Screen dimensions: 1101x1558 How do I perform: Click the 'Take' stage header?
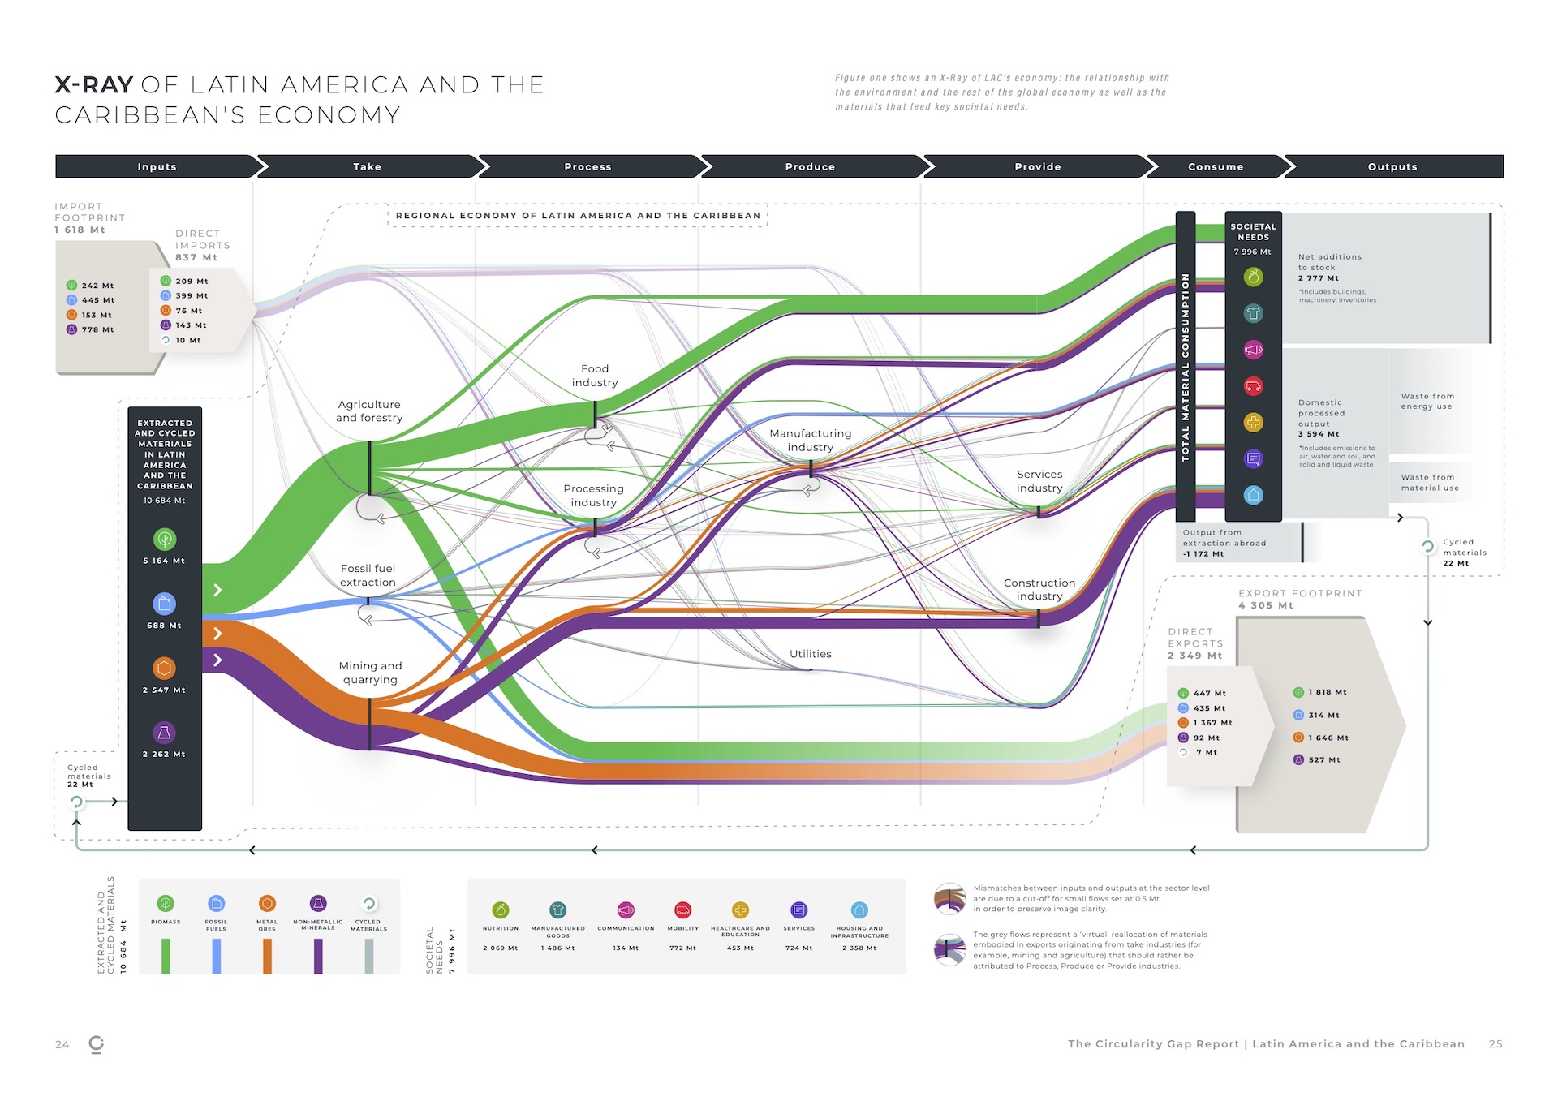pyautogui.click(x=367, y=166)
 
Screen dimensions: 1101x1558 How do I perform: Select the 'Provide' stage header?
pyautogui.click(x=1037, y=166)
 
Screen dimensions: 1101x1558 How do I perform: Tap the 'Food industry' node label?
pyautogui.click(x=595, y=376)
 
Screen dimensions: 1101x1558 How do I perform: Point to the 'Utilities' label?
pyautogui.click(x=810, y=654)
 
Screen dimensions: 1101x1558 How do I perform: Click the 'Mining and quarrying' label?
pyautogui.click(x=370, y=673)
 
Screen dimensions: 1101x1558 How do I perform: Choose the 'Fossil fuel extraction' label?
pyautogui.click(x=368, y=575)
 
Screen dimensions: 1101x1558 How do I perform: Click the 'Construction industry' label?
pyautogui.click(x=1039, y=589)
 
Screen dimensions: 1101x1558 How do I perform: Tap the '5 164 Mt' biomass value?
pyautogui.click(x=164, y=561)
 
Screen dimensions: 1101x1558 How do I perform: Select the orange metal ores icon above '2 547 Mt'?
pyautogui.click(x=164, y=668)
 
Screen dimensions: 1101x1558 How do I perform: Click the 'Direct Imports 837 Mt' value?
pyautogui.click(x=196, y=258)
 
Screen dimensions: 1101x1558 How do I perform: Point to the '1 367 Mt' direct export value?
pyautogui.click(x=1212, y=723)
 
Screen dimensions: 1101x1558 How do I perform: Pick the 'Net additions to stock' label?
pyautogui.click(x=1329, y=262)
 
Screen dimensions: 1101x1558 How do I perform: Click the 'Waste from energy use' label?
pyautogui.click(x=1427, y=402)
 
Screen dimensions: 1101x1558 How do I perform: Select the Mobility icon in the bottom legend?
pyautogui.click(x=682, y=910)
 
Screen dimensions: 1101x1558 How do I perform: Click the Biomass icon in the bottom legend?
pyautogui.click(x=166, y=904)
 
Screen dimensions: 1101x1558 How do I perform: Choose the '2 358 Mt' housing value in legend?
pyautogui.click(x=859, y=948)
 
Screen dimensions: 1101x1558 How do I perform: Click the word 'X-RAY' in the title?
pyautogui.click(x=93, y=85)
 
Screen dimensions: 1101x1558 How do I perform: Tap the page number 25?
pyautogui.click(x=1496, y=1044)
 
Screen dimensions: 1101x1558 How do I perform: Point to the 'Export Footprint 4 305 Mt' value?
pyautogui.click(x=1266, y=606)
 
